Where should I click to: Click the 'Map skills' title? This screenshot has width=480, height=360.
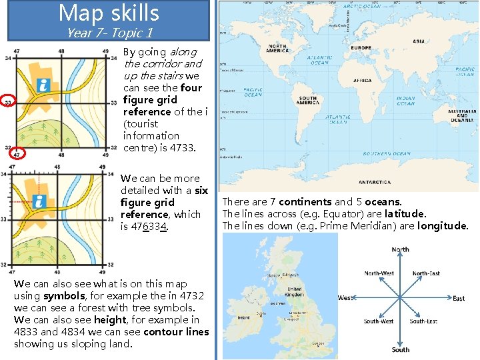[109, 13]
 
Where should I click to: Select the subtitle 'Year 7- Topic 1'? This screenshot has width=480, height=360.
[110, 32]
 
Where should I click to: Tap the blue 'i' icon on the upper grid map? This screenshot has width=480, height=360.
[44, 85]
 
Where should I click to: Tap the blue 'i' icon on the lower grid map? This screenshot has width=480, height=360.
[39, 201]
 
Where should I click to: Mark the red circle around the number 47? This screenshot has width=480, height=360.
[15, 153]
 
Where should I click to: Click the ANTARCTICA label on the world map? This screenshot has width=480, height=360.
[375, 181]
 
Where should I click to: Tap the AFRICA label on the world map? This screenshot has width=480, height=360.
[362, 80]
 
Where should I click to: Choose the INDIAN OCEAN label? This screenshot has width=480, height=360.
[405, 101]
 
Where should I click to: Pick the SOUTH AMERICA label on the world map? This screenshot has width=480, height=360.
[308, 100]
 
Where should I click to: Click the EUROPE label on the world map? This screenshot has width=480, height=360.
[361, 48]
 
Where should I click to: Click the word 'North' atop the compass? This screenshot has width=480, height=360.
[400, 249]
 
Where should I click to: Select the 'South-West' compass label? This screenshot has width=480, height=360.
[379, 321]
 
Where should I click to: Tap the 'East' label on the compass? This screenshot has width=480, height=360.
[459, 298]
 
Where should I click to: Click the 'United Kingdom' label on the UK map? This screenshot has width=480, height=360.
[294, 292]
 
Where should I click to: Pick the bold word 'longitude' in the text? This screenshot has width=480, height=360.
[443, 225]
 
